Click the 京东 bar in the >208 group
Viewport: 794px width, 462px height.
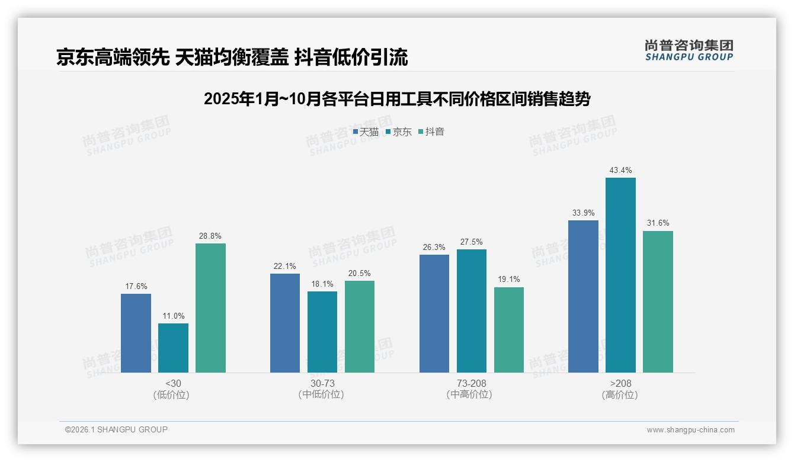click(x=620, y=275)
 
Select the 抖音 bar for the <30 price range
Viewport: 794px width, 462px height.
click(x=210, y=308)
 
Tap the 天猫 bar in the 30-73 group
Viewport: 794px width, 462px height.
click(x=285, y=323)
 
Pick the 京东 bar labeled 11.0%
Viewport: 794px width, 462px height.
click(x=173, y=348)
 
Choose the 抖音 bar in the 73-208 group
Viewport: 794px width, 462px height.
click(x=509, y=330)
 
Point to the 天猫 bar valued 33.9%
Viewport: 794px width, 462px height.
click(x=583, y=296)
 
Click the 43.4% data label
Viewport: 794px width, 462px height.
click(x=620, y=171)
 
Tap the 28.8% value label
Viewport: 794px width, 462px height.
click(x=210, y=236)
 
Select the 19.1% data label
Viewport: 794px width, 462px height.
click(x=509, y=280)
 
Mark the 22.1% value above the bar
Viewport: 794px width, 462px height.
click(x=285, y=266)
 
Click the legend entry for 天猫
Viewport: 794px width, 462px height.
click(x=366, y=132)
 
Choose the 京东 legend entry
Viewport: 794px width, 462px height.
click(x=398, y=132)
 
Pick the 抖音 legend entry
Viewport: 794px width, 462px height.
click(x=431, y=132)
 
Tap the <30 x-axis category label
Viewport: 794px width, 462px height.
click(x=173, y=383)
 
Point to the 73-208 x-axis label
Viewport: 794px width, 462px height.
click(x=472, y=383)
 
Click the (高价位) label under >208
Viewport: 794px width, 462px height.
click(x=620, y=395)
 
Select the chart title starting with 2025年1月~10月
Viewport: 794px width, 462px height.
click(x=397, y=99)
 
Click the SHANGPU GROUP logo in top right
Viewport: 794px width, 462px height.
click(x=689, y=50)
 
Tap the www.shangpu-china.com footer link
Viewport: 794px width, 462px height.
click(x=690, y=430)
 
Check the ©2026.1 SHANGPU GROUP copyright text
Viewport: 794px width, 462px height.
click(x=116, y=429)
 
